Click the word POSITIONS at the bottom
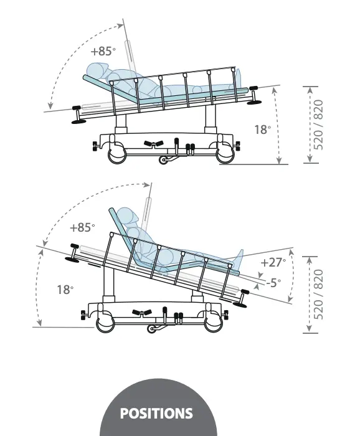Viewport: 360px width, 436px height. click(156, 413)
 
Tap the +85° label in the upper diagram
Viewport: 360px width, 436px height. click(103, 51)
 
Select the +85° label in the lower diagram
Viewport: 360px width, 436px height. click(82, 227)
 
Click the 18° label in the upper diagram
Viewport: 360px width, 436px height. click(263, 130)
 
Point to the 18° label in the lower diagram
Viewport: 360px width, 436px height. click(65, 290)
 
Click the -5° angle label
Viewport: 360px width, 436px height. click(273, 283)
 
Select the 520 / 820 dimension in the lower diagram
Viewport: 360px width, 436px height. click(318, 295)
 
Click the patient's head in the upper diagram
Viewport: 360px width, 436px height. click(97, 70)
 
